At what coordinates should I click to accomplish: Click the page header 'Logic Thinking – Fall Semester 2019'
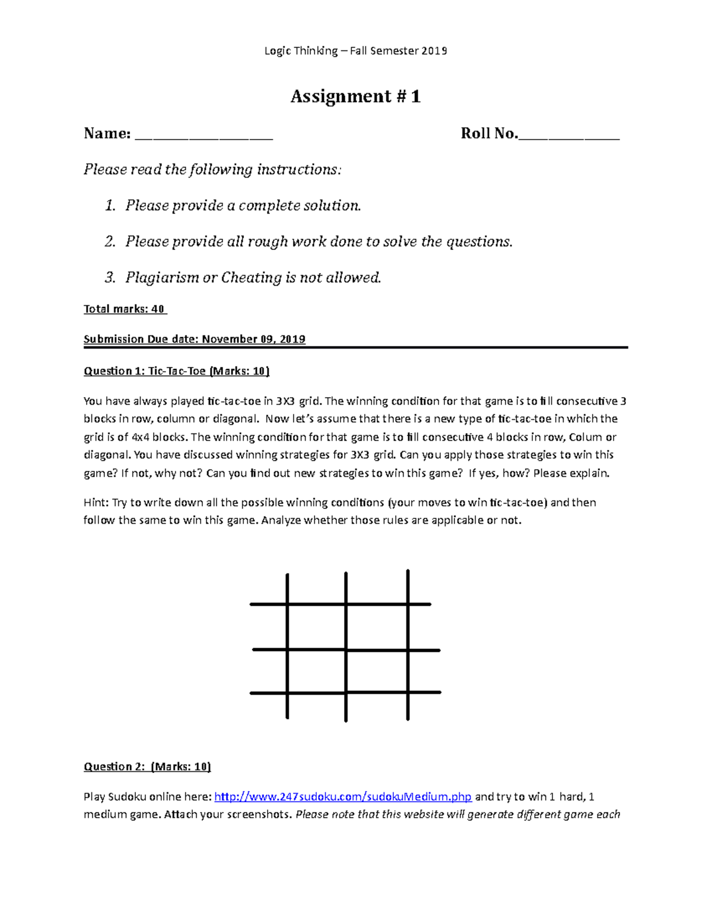pos(355,51)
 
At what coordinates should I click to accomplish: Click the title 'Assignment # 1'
pos(355,96)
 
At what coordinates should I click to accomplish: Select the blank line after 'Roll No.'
pos(568,135)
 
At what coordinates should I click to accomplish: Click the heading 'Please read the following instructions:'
pos(212,170)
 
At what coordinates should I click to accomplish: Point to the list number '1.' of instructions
pos(110,206)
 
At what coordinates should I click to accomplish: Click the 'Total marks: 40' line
pos(125,309)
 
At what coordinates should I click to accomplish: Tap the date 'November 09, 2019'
pos(253,339)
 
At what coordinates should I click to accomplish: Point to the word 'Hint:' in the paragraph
pos(96,502)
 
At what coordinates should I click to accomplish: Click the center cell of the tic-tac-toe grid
pos(376,627)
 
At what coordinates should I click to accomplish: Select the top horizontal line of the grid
pos(341,604)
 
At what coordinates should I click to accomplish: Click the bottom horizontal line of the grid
pos(345,692)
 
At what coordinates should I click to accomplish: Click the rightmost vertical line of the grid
pos(408,645)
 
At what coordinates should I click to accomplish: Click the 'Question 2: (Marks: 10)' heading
pos(147,766)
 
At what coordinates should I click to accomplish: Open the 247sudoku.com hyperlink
pos(342,797)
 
